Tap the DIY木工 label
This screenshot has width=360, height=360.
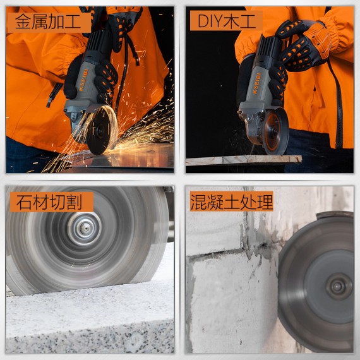click(x=225, y=21)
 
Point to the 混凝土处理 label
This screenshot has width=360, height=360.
click(x=232, y=201)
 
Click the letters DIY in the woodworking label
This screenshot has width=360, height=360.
click(x=210, y=21)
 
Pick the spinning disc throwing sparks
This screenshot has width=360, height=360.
click(x=102, y=129)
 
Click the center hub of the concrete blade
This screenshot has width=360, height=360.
click(x=337, y=285)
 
